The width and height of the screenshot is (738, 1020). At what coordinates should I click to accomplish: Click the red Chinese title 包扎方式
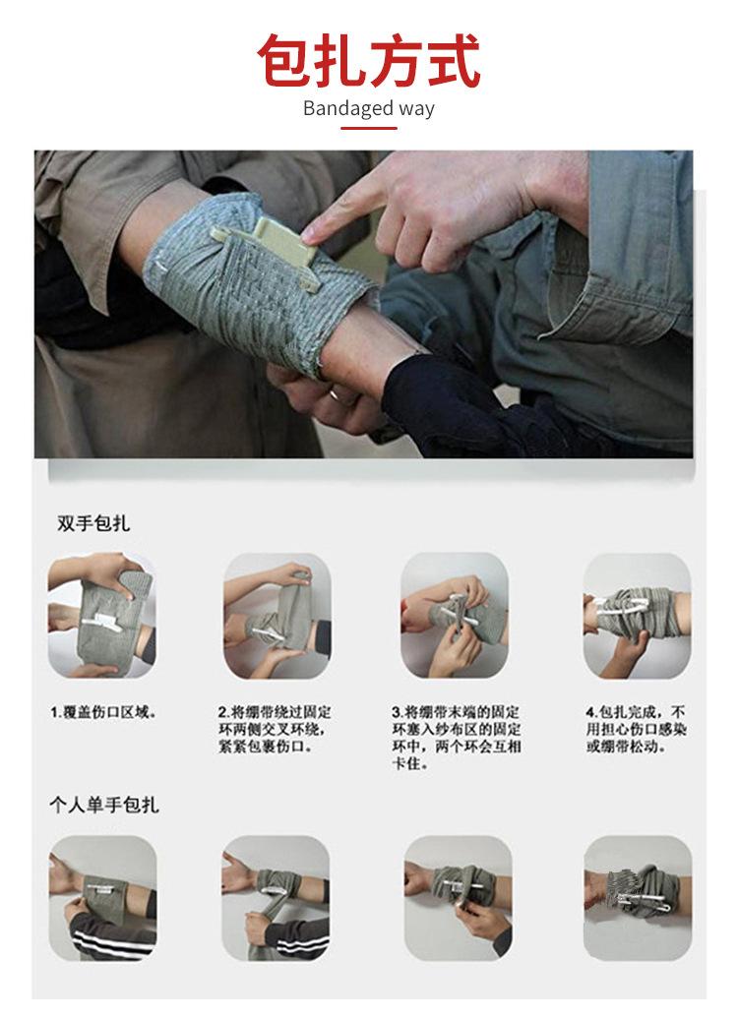[x=369, y=61]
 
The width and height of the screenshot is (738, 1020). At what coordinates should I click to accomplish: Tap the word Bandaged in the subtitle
[x=348, y=108]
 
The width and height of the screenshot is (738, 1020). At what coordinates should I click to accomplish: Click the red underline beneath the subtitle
[x=369, y=128]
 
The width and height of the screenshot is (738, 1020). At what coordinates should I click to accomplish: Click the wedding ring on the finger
[x=336, y=394]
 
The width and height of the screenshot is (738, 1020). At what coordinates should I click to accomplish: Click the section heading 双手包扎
[x=93, y=523]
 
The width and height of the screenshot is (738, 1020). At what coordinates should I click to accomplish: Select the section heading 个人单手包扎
[x=104, y=806]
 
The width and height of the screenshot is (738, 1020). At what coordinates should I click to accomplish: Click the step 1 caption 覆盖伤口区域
[x=104, y=712]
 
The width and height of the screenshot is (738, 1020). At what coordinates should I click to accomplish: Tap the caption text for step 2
[x=275, y=729]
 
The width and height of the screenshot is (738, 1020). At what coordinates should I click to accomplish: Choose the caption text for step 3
[x=457, y=738]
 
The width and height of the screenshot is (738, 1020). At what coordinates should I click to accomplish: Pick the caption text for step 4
[x=636, y=729]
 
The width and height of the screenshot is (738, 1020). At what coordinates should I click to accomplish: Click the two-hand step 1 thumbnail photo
[x=101, y=616]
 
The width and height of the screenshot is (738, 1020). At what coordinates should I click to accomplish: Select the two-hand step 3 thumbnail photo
[x=455, y=616]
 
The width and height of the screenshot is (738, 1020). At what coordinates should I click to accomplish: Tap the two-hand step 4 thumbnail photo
[x=637, y=616]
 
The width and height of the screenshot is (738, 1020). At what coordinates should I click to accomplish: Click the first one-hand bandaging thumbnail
[x=102, y=898]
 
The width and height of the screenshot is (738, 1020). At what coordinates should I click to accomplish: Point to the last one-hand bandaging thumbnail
[x=638, y=898]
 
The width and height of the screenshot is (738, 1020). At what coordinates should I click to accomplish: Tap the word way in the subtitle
[x=416, y=109]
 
